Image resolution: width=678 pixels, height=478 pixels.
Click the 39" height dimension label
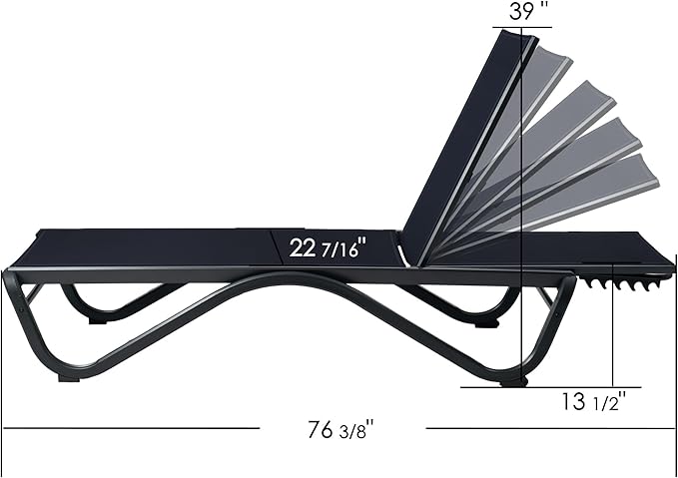[x=528, y=11]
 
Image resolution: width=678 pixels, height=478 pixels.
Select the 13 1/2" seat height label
[x=594, y=401]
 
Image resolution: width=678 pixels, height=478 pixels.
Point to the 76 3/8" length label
[x=340, y=429]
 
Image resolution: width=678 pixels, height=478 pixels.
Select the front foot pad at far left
[x=69, y=378]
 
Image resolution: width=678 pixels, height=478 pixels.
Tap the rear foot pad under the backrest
[x=513, y=382]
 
